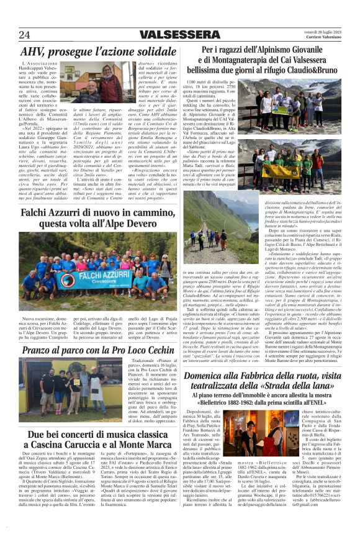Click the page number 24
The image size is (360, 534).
pos(25,34)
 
